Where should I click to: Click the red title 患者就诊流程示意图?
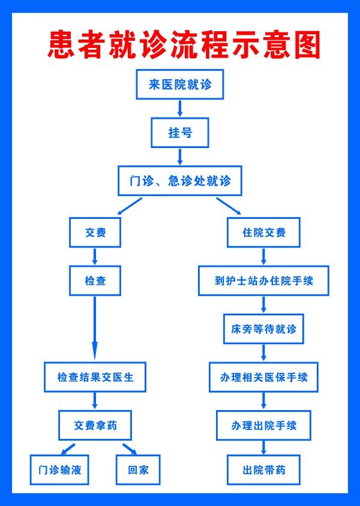tap(184, 46)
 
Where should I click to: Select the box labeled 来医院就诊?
tap(181, 85)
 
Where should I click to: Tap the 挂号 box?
tap(180, 132)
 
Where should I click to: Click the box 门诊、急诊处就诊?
tap(180, 180)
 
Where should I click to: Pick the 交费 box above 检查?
tap(95, 233)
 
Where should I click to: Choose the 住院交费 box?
tap(264, 233)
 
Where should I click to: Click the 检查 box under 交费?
tap(95, 280)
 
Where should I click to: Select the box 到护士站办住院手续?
tap(264, 280)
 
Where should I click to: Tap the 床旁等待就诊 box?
tap(264, 329)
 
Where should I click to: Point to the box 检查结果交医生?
tap(95, 378)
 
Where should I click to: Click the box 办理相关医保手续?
tap(264, 378)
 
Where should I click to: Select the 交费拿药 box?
tap(95, 426)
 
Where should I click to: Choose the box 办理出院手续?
tap(264, 426)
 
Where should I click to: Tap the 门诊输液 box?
tap(59, 469)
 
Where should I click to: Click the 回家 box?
tap(138, 469)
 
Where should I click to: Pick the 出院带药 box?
tap(264, 469)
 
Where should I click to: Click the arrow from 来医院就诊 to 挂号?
tap(180, 108)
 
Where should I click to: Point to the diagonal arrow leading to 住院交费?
tap(229, 206)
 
